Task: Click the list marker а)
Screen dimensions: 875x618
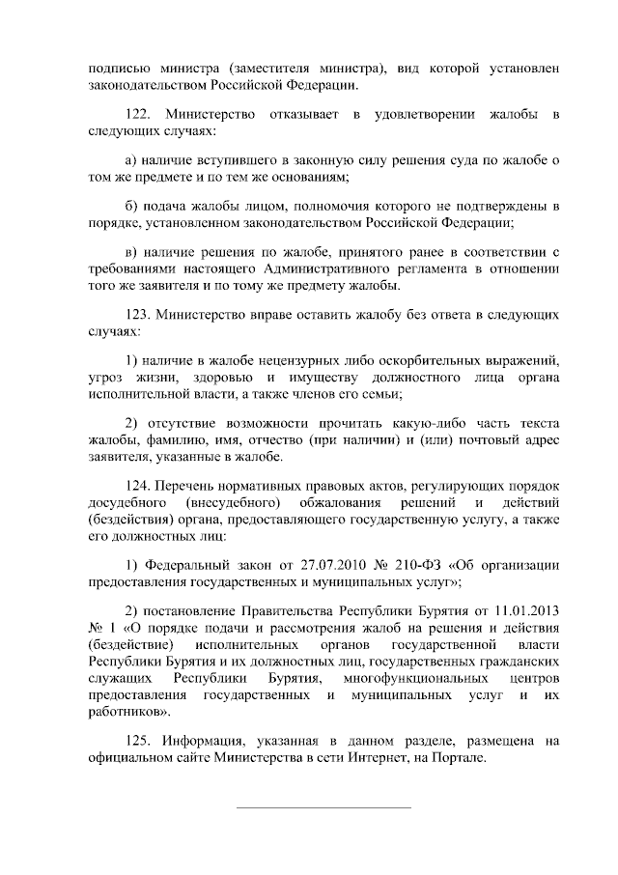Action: (x=134, y=159)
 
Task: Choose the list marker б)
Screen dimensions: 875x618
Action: (x=134, y=206)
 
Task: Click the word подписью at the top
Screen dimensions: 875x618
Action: (x=114, y=70)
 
